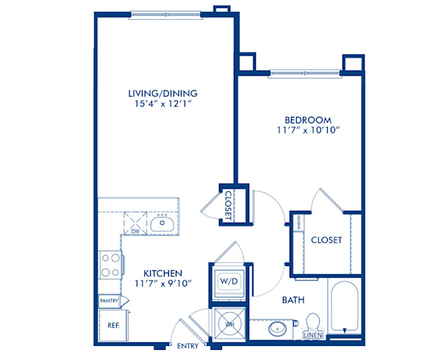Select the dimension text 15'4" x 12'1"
(163, 104)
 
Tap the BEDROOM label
(308, 119)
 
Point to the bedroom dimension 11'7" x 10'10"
(308, 131)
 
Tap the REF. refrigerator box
(113, 323)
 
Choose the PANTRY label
(109, 300)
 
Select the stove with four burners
(110, 264)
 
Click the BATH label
(294, 300)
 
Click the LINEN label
(312, 335)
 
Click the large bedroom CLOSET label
(326, 240)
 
